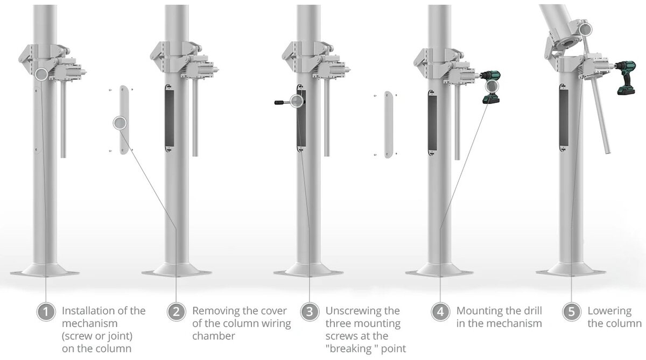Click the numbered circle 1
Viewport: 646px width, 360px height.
point(46,312)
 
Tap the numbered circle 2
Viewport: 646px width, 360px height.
point(176,312)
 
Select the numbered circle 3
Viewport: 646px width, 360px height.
point(309,312)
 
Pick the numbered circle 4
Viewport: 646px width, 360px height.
point(440,312)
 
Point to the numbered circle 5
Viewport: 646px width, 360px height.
point(571,312)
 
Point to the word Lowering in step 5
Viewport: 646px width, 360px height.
point(609,310)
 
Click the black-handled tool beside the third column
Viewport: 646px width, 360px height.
point(282,101)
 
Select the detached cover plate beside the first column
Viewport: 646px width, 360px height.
point(121,120)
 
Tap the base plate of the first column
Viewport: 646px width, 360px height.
point(45,271)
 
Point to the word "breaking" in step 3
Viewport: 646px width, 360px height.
point(346,349)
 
